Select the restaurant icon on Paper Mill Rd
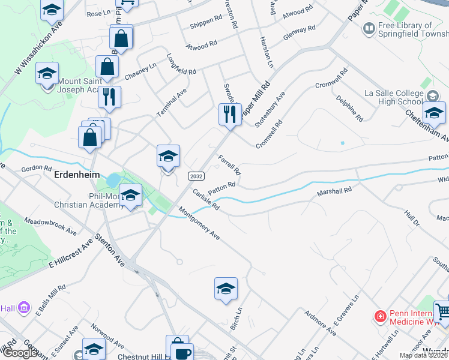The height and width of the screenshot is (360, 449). tap(230, 114)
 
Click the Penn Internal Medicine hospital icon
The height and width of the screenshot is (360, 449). tap(379, 316)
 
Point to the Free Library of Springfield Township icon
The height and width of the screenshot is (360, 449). tap(369, 28)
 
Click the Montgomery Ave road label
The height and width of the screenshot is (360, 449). tap(199, 224)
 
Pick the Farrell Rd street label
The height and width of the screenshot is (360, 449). tap(229, 164)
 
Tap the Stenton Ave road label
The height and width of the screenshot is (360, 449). tap(113, 252)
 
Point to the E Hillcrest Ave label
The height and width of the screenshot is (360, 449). tap(71, 250)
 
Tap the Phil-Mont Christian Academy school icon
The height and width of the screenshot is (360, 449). tap(130, 195)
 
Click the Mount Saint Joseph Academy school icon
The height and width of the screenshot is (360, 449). tap(47, 74)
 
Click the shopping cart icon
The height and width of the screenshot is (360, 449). tap(443, 311)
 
